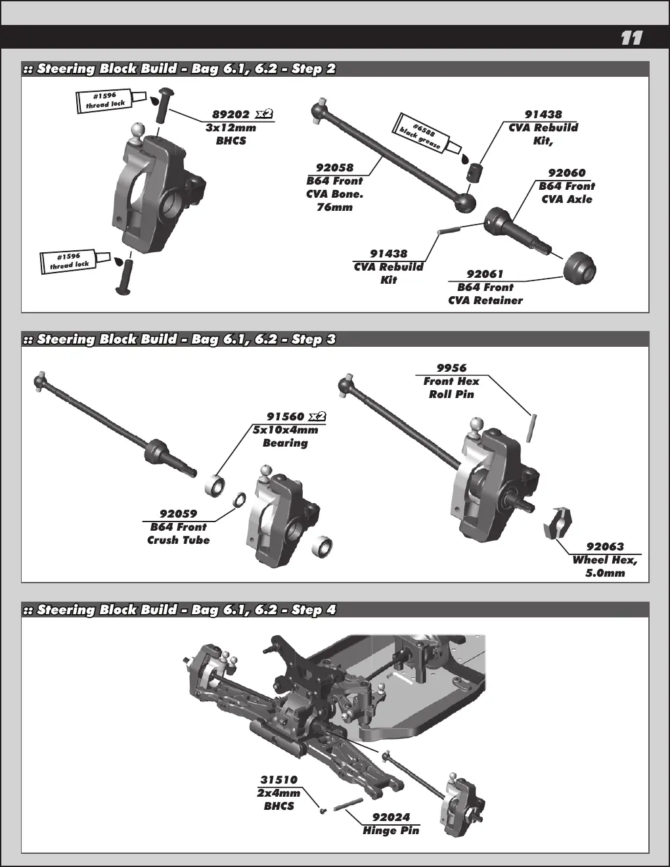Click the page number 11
[631, 38]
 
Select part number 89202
[231, 114]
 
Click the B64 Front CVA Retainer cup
[580, 269]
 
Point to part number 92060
[567, 173]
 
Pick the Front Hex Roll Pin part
[531, 428]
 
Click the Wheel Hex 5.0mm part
[558, 523]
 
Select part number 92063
[604, 546]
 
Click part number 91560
[285, 416]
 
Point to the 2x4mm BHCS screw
[323, 811]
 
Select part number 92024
[391, 818]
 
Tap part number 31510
[279, 780]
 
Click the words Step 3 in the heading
[313, 340]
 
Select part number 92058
[334, 167]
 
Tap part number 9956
[451, 368]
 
